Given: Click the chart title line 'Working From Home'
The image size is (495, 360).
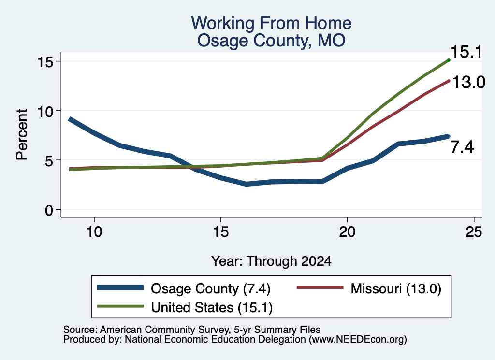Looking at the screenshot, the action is coord(271,23).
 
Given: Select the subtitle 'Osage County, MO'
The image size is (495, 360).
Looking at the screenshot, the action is coord(271,41).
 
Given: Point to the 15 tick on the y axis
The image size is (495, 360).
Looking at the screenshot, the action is coord(45,61).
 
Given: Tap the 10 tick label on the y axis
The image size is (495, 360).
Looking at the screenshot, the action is coord(45,111).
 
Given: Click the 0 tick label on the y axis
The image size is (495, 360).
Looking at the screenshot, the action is coord(49,210).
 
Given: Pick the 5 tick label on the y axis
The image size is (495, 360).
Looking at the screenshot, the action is coord(49,160).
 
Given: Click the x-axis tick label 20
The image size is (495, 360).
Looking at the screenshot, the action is coord(347,232).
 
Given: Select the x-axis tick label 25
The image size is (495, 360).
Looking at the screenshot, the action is coord(474,232).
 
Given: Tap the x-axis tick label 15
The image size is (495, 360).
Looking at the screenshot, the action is coord(220,232).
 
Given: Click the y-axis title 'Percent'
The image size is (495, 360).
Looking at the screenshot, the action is coord(22,134).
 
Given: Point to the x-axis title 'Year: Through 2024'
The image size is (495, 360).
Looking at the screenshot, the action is coord(271,261).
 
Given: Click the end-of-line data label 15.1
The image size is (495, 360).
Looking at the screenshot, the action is coord(466,52).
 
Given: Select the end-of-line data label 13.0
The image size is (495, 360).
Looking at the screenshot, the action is coord(468,82).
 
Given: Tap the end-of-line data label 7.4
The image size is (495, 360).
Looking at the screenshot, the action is coord(462,147).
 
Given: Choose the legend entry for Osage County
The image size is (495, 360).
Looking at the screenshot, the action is coord(183,288).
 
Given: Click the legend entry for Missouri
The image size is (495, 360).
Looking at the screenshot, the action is coord(369,288).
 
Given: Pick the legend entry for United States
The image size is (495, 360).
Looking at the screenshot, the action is coord(184,307).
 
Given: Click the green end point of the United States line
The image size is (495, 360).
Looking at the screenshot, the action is coord(449,60).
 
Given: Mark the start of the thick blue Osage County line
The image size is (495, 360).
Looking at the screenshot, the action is coord(70,119).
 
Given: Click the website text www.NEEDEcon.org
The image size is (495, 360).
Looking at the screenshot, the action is coord(358,340).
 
